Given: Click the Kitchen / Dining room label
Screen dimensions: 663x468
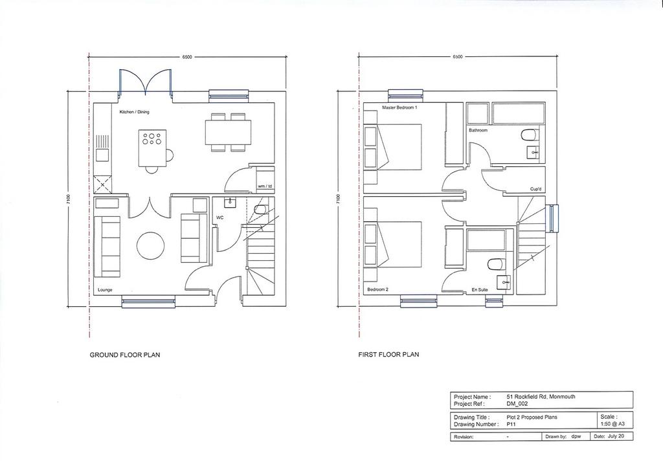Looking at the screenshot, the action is pos(135,112).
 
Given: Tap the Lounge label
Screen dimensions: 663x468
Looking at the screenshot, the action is pos(105,290).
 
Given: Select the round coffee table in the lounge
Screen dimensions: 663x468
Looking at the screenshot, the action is pos(150,245).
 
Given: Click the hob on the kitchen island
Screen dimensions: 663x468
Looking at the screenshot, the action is pos(152,139).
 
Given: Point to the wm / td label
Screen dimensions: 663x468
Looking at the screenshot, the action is pos(265,186).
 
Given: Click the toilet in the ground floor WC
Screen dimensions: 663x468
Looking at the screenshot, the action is pos(259,209).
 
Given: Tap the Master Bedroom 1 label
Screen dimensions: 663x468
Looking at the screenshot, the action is pos(399,107).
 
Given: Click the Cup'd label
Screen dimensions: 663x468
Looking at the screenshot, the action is pos(535,189).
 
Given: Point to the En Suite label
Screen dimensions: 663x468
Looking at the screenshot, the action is pos(480,290).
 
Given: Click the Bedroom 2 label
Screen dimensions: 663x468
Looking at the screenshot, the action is pos(377,289).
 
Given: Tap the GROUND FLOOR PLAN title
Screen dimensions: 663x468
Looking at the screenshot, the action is pos(125,355).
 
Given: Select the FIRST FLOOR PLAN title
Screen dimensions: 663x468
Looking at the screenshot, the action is pos(388,354).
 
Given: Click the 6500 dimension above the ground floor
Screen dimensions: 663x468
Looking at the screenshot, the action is pos(187,57).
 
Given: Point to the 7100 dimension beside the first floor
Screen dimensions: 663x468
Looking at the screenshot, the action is pos(337,199).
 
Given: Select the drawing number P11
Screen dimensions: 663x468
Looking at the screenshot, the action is pos(511,424).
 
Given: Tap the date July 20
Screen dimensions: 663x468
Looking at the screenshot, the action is pos(616,436).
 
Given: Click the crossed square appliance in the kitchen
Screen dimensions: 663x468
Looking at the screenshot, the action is pos(103,184).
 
